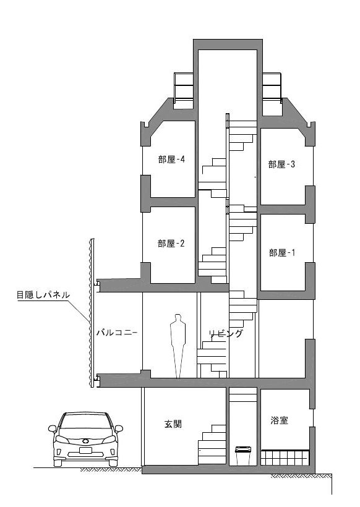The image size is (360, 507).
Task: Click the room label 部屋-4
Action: click(x=171, y=160)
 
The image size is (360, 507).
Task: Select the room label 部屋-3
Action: click(x=281, y=164)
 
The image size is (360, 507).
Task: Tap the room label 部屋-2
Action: click(x=171, y=244)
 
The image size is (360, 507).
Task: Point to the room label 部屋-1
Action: click(x=282, y=252)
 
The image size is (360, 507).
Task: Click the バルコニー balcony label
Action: click(x=117, y=333)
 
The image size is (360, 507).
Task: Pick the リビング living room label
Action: click(x=226, y=333)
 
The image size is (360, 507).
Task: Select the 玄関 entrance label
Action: click(x=173, y=424)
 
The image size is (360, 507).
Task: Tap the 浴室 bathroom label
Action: click(x=279, y=420)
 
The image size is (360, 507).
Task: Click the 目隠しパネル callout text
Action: click(x=43, y=295)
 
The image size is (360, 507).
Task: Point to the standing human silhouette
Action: click(x=178, y=346)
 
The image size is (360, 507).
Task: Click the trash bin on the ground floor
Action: click(x=243, y=456)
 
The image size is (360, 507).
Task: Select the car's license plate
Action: click(x=85, y=450)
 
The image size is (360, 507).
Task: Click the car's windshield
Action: click(x=85, y=421)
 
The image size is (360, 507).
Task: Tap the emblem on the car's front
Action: click(x=85, y=440)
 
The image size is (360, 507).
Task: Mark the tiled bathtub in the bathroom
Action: click(x=285, y=457)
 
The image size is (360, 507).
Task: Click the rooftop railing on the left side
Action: click(x=184, y=86)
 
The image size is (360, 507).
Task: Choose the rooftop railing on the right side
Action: click(x=272, y=87)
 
